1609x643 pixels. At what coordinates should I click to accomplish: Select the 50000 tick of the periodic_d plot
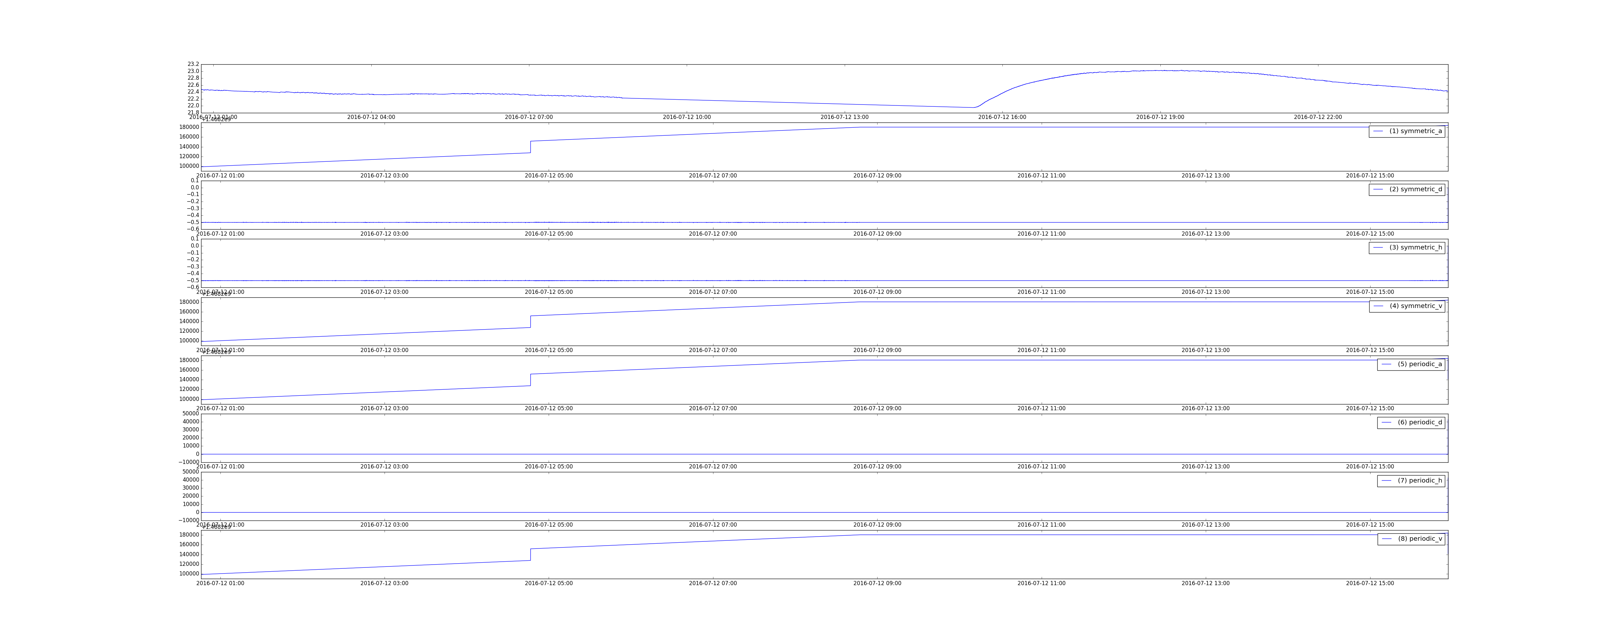pos(190,413)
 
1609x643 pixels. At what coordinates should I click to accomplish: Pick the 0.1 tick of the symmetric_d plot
pos(194,180)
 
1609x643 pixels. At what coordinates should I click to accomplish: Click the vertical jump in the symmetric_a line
pos(530,147)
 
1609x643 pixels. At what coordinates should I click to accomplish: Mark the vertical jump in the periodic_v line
pos(530,554)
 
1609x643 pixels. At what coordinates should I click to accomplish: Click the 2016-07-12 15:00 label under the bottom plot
pos(1370,583)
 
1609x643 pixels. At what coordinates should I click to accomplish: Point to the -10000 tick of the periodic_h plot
pos(188,520)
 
